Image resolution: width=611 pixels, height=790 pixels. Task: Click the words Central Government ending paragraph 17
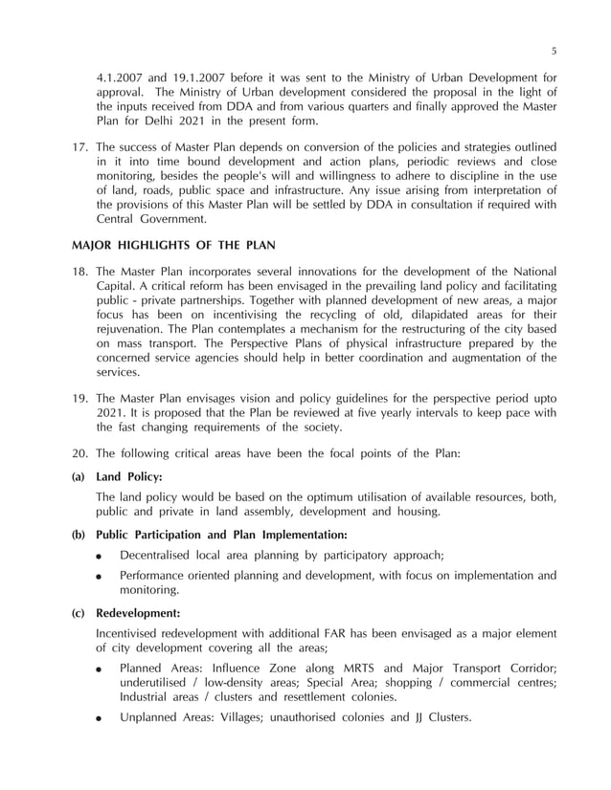pyautogui.click(x=158, y=218)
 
